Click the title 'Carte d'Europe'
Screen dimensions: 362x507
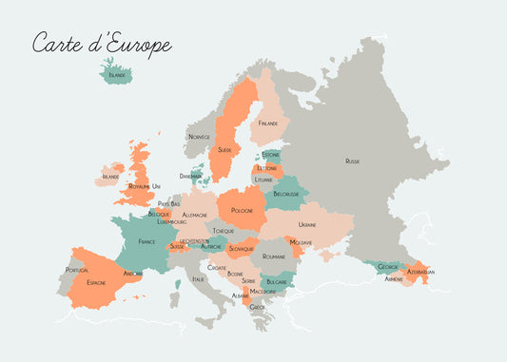102,44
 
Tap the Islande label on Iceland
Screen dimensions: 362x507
117,74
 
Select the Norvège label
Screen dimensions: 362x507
199,136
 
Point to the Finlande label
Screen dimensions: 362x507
268,123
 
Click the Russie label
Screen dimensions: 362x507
353,162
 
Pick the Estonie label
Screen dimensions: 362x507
271,154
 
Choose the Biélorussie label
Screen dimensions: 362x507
286,194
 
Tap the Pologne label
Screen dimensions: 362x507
243,210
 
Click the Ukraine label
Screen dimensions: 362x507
307,224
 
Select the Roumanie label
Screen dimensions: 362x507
274,256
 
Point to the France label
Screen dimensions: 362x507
146,241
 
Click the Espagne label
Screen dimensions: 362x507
96,282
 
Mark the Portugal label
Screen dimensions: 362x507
76,270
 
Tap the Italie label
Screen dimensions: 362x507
198,278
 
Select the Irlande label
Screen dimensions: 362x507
110,176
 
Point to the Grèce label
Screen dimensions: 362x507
257,307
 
